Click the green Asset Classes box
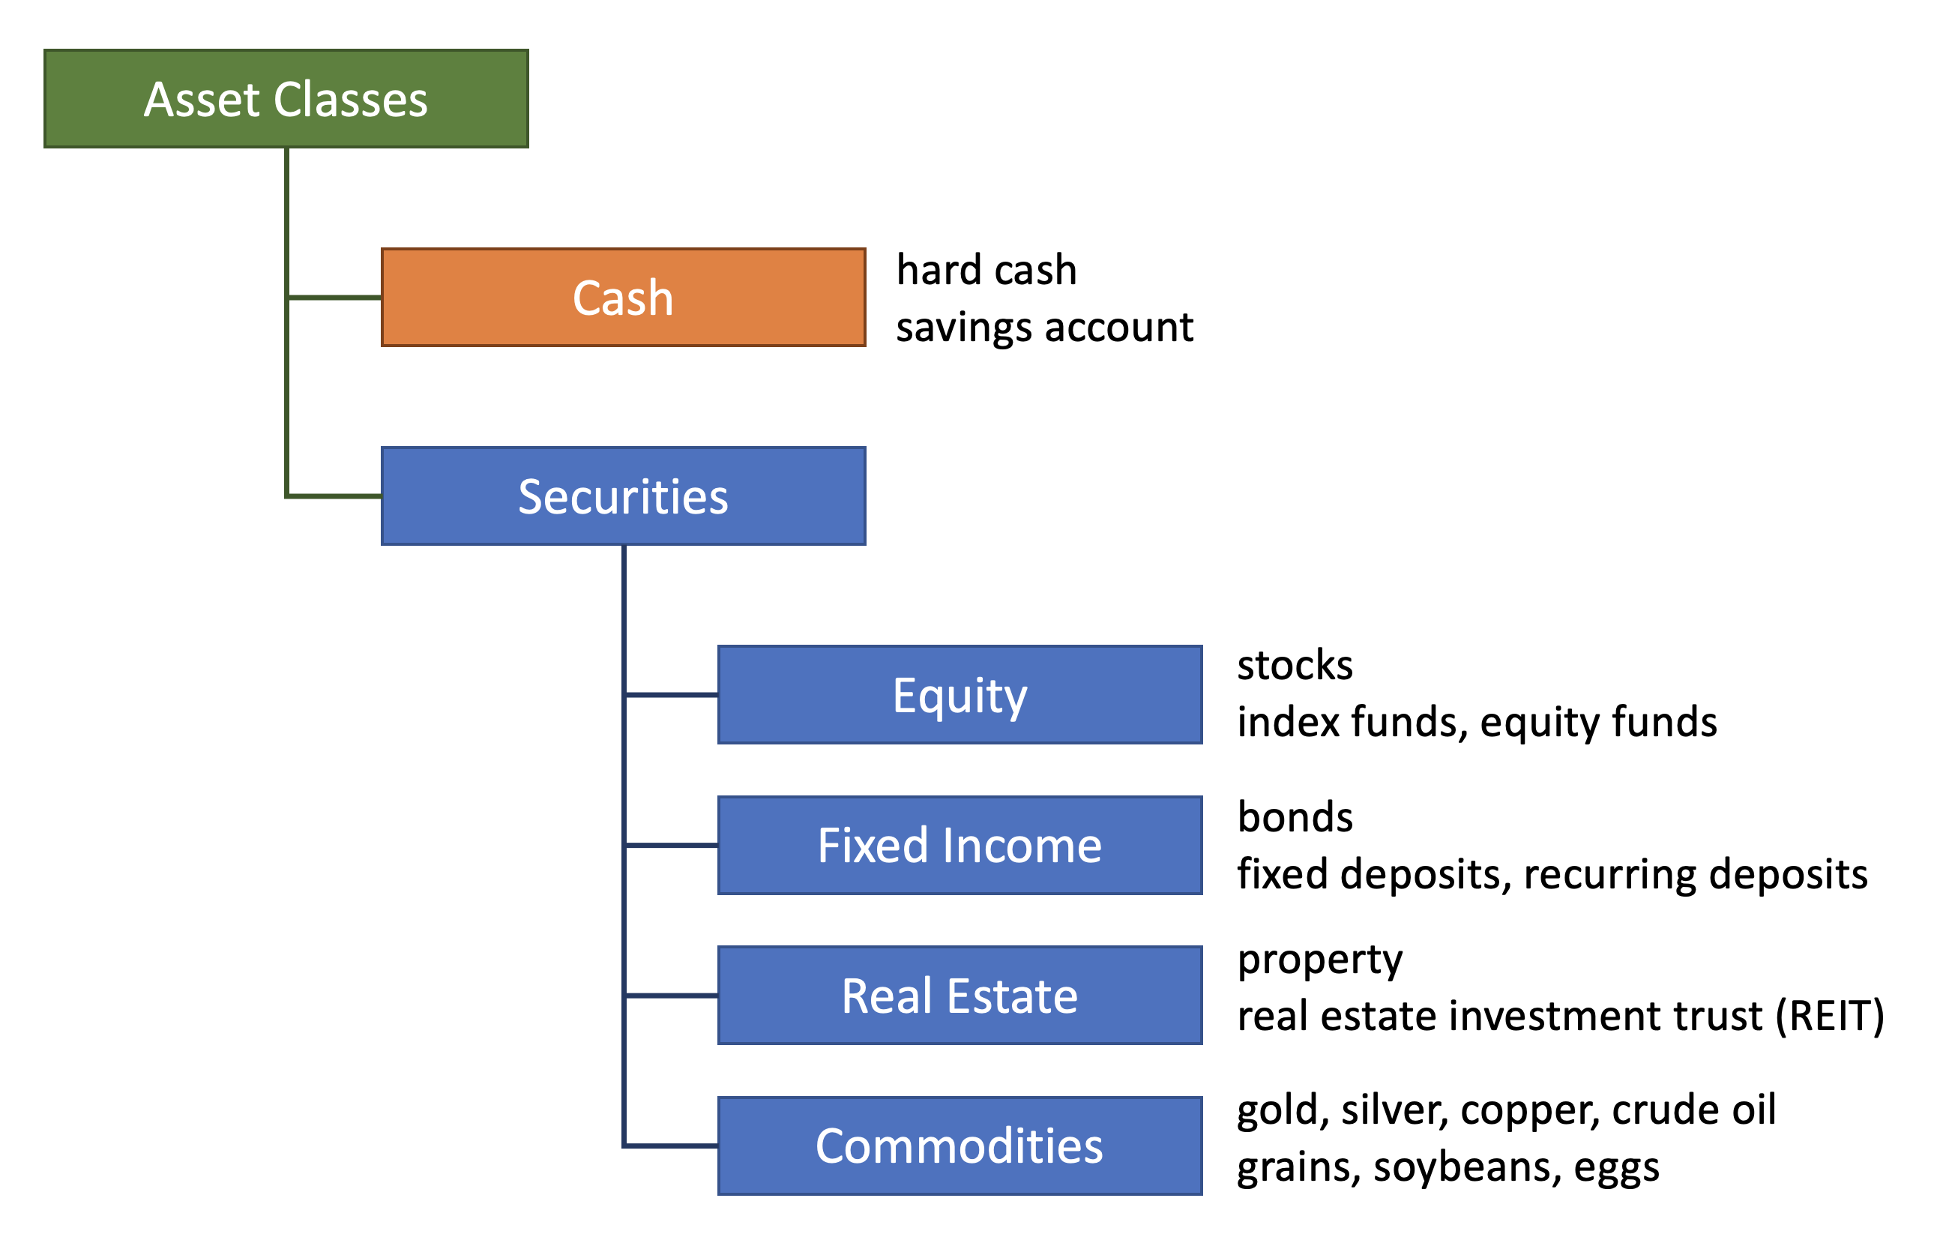pos(286,98)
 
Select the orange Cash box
pos(623,297)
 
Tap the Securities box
pos(623,496)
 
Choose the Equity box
pos(960,694)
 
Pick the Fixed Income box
pos(960,845)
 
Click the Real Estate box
pos(960,995)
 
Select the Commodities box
pos(960,1146)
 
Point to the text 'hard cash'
pos(986,269)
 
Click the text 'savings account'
pos(1044,327)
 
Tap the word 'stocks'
pos(1295,665)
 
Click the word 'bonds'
pos(1295,816)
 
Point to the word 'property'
pos(1319,960)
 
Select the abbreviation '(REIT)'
pos(1830,1015)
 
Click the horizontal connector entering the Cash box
pos(334,298)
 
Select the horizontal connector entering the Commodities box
pos(671,1146)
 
